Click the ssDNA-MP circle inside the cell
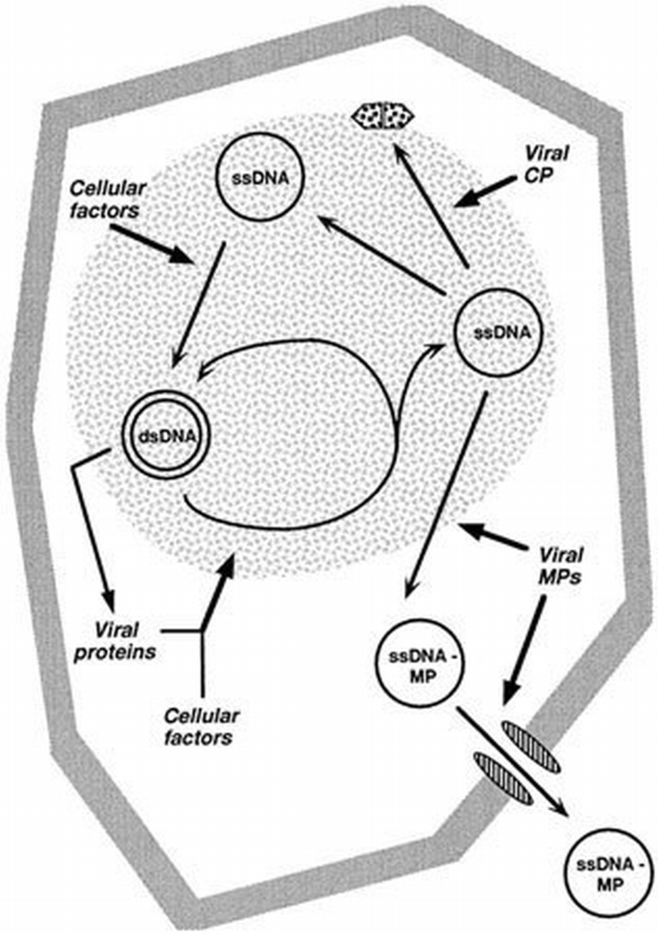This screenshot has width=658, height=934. point(418,664)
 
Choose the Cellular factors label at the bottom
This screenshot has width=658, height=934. point(201,727)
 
